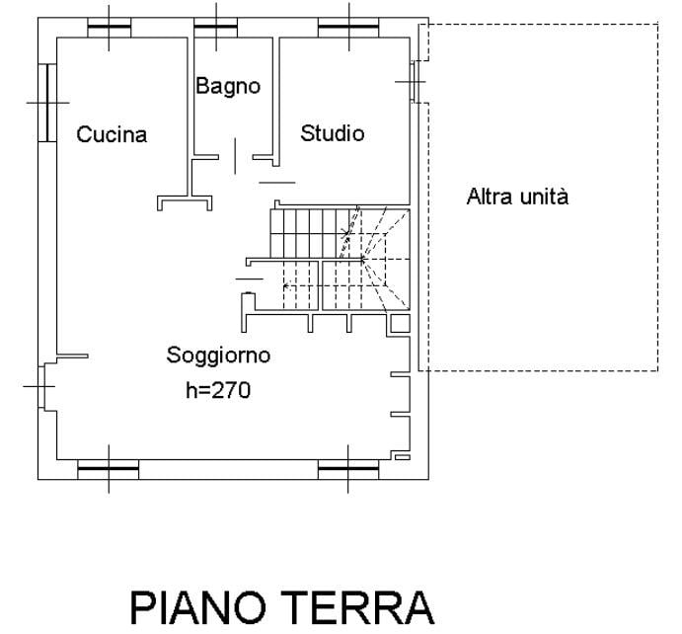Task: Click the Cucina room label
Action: [112, 134]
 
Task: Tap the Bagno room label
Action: [228, 86]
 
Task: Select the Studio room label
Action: [333, 133]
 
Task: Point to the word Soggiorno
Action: [218, 356]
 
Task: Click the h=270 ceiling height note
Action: [218, 390]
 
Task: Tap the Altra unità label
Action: [517, 197]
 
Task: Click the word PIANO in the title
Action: [198, 608]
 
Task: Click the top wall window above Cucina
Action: [110, 28]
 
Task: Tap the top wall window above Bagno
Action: [216, 28]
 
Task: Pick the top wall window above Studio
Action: [348, 28]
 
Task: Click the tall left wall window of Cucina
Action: [47, 103]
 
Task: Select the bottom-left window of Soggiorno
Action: [109, 469]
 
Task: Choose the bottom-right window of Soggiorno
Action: [348, 469]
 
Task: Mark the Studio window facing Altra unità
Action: [415, 82]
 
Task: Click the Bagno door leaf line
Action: [235, 156]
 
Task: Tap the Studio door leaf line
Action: [277, 183]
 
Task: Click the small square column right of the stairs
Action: [400, 324]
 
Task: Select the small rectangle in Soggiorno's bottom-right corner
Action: [403, 457]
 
